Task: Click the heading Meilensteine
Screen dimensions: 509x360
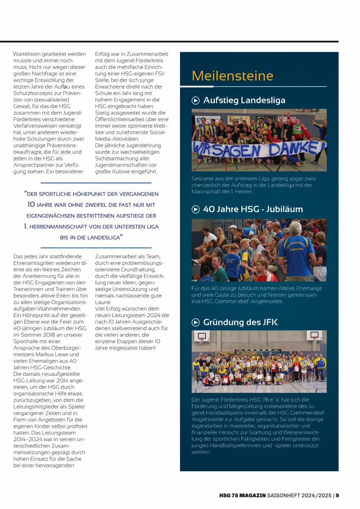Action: tap(232, 76)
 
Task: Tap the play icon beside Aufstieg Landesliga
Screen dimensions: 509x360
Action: tap(196, 101)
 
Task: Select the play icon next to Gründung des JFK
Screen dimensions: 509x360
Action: tap(196, 322)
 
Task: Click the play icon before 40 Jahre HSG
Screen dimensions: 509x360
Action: tap(196, 209)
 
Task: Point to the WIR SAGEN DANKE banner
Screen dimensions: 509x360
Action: tap(259, 149)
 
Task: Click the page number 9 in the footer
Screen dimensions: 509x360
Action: tap(337, 495)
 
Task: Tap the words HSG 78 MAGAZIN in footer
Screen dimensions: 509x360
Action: tap(242, 495)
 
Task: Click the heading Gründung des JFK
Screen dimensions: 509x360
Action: tap(240, 322)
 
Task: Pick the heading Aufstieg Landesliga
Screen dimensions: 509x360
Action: tap(244, 101)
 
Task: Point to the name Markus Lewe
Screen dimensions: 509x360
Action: tap(63, 354)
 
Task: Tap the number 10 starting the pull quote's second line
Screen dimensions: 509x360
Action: tap(31, 204)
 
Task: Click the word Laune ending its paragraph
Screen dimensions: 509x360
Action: tap(103, 302)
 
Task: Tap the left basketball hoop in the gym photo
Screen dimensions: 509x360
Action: tap(202, 337)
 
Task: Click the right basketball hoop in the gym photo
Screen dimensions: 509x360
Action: tap(314, 336)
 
